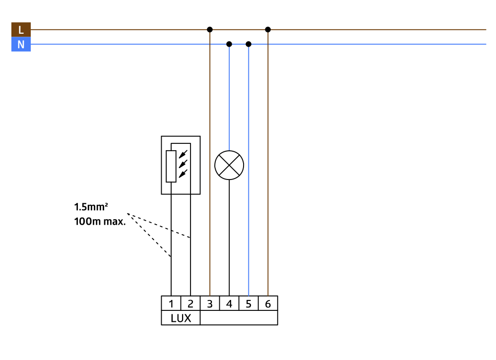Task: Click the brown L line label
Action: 21,30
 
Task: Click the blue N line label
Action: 21,45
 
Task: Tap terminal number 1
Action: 171,303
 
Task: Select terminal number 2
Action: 190,303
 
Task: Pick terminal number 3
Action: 210,303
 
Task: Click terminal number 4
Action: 229,303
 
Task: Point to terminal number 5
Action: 248,303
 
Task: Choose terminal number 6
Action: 268,303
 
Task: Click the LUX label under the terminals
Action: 181,318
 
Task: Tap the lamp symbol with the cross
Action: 229,165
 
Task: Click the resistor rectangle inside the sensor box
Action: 171,166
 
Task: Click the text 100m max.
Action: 100,221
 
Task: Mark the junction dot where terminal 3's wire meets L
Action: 210,30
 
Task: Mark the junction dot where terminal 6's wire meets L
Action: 268,30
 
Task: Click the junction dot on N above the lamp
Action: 229,44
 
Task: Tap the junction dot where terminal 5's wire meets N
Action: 248,44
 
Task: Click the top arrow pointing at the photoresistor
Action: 184,152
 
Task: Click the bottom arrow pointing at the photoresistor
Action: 184,173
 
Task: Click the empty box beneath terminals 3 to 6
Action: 239,318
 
